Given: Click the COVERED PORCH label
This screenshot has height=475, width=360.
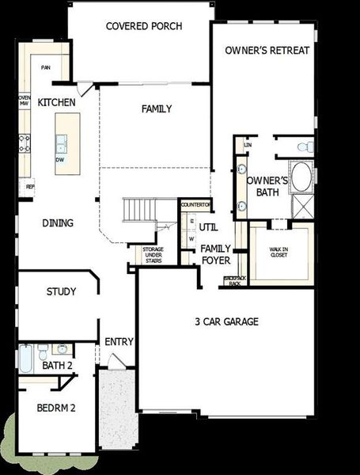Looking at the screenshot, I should [144, 26].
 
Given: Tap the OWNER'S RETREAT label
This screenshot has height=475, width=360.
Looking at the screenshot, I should [267, 51].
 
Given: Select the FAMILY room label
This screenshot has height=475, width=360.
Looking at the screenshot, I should [157, 109].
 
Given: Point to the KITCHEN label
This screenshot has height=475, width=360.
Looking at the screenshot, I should [57, 103].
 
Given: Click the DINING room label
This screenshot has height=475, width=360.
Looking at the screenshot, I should [57, 223].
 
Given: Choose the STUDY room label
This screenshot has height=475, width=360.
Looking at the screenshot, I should [61, 292].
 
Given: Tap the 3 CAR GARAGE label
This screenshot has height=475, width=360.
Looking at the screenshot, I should [226, 322].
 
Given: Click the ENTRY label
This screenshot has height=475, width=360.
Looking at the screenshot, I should [119, 342].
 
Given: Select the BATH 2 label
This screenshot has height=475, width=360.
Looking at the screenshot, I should [58, 366].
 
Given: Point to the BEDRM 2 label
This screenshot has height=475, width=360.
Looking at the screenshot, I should [56, 408].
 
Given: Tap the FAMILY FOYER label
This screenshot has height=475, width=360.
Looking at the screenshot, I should [216, 254].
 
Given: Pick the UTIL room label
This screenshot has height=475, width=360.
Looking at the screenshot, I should [208, 227].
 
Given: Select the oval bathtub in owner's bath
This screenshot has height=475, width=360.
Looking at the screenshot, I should [301, 176].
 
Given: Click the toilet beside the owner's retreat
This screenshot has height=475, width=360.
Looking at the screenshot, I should [303, 146].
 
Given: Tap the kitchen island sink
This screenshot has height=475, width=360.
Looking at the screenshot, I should [61, 143].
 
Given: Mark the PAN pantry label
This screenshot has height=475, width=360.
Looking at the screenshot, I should [46, 68].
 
